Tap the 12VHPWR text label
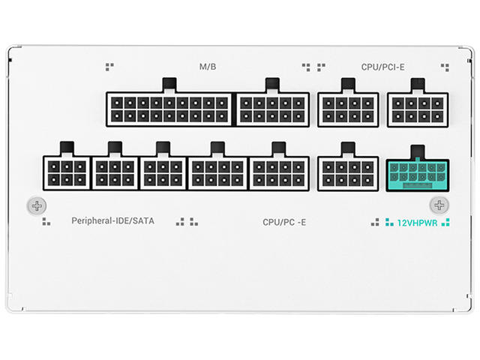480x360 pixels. [416, 222]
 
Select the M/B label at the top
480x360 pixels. [208, 67]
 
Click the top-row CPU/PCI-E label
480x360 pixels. [382, 67]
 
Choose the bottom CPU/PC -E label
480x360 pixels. [284, 222]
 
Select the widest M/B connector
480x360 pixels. [170, 109]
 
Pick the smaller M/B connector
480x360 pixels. [273, 109]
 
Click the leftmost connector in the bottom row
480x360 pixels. [67, 172]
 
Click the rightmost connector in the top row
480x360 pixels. [418, 109]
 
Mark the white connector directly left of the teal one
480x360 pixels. [347, 172]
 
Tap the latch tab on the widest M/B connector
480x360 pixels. [169, 85]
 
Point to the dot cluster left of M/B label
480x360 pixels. [109, 67]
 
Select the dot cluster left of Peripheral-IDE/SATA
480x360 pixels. [46, 221]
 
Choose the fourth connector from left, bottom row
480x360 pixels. [217, 172]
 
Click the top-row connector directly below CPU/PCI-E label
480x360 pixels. [348, 109]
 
